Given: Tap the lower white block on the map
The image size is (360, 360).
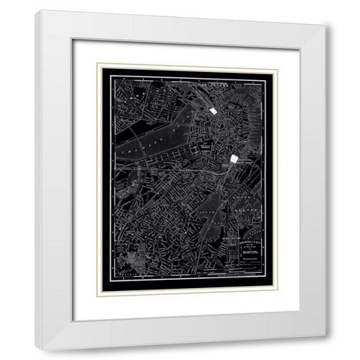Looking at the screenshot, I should pos(234,159).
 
